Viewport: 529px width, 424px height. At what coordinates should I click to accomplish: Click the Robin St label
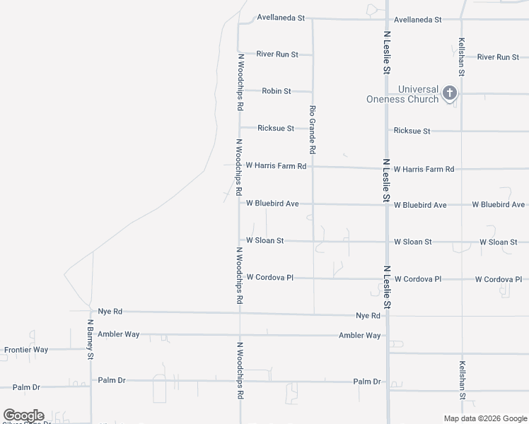(277, 91)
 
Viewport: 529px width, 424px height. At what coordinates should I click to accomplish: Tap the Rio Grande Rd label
(312, 130)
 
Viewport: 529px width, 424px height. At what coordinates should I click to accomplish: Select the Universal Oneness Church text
(402, 94)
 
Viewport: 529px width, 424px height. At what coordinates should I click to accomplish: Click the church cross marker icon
(450, 93)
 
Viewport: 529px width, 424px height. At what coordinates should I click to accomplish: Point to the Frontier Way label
(26, 350)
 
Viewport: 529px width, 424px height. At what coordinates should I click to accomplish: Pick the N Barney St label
(91, 339)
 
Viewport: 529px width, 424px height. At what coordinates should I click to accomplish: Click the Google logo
(23, 416)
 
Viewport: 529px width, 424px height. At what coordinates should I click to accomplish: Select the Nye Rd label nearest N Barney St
(110, 311)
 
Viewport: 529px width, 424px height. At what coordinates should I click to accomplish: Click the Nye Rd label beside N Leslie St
(368, 315)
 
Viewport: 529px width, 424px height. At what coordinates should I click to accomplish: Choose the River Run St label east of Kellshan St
(499, 57)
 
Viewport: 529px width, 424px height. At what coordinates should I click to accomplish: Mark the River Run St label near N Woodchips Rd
(277, 54)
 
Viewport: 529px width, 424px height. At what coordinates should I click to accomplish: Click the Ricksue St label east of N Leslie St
(412, 131)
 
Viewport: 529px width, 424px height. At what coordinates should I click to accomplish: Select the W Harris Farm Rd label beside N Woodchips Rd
(276, 166)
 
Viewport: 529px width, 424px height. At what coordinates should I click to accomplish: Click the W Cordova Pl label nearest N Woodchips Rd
(269, 278)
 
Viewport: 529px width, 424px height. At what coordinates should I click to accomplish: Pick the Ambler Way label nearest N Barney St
(118, 334)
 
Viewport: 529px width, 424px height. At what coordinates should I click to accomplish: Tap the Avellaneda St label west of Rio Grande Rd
(281, 17)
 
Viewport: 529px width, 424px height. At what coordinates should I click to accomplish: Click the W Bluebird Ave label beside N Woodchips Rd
(272, 204)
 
